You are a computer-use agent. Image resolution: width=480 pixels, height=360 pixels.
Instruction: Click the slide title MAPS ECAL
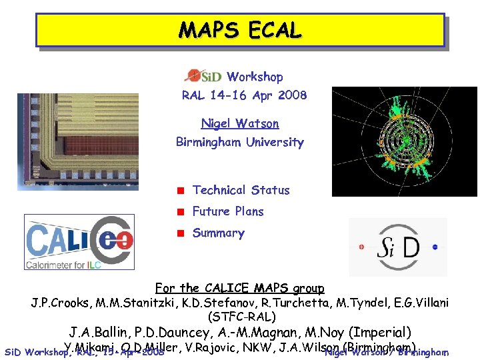[x=240, y=30]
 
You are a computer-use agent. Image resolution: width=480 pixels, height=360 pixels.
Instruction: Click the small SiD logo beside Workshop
[x=203, y=77]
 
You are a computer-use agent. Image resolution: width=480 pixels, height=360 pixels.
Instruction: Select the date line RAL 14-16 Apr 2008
[x=244, y=95]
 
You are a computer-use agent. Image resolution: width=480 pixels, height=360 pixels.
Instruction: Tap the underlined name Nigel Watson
[x=240, y=123]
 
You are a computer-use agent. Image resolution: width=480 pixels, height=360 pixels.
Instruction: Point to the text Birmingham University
[x=239, y=142]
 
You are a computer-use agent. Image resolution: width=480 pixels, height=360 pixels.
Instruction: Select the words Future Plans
[x=228, y=211]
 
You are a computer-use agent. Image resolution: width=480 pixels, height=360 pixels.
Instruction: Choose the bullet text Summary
[x=218, y=233]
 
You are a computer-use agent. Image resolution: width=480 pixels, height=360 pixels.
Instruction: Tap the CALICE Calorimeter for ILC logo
[x=79, y=242]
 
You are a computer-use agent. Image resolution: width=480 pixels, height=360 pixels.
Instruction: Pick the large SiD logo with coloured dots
[x=398, y=247]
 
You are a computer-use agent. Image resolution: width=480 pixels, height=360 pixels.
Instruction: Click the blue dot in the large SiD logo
[x=435, y=247]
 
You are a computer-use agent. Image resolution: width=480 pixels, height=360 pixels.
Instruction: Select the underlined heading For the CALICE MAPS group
[x=239, y=289]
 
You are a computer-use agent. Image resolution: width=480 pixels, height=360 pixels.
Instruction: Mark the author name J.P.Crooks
[x=58, y=303]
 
